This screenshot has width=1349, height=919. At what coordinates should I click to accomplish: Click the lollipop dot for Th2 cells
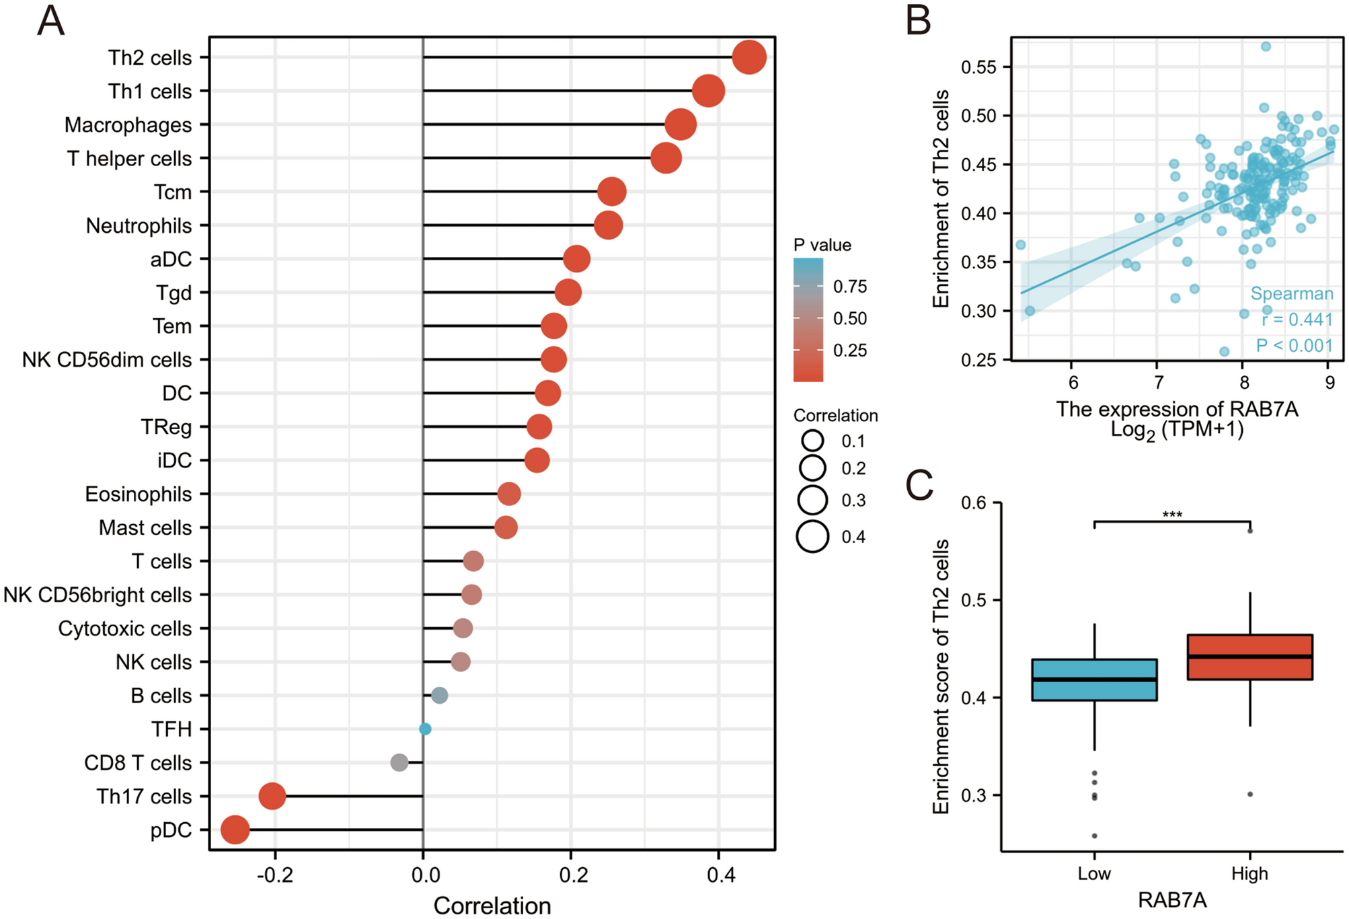(748, 57)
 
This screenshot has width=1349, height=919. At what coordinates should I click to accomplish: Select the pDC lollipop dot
(235, 830)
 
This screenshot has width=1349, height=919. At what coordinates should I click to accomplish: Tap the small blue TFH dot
(425, 729)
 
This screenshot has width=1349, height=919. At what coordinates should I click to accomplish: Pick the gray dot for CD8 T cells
(399, 762)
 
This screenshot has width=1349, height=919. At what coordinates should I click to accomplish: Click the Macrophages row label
(128, 125)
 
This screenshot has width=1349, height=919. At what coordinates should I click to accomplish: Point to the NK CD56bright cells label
(98, 595)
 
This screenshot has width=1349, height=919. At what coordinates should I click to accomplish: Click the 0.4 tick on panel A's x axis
(720, 875)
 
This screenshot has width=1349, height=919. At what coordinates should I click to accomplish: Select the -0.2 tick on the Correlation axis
(274, 875)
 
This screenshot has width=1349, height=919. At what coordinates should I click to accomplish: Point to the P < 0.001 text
(1294, 346)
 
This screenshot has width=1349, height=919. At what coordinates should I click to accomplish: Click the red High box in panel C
(1249, 657)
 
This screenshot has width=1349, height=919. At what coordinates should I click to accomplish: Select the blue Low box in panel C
(1094, 680)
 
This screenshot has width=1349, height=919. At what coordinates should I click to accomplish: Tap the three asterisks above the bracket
(1172, 515)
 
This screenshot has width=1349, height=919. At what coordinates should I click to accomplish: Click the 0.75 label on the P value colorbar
(850, 287)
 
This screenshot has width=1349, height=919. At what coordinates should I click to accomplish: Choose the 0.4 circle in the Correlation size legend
(812, 536)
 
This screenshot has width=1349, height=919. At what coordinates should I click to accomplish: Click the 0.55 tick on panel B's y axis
(978, 67)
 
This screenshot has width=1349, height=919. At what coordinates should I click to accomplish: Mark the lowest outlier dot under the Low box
(1094, 836)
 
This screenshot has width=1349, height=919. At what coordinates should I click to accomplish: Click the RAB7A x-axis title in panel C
(1171, 900)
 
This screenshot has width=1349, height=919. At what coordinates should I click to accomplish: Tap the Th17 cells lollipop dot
(272, 796)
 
